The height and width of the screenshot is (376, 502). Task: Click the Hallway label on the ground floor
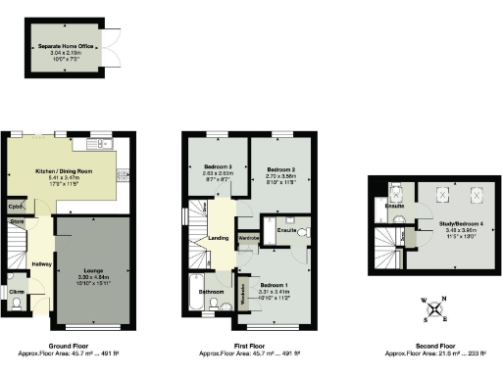point(40,263)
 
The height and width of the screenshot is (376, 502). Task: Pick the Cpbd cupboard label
point(16,208)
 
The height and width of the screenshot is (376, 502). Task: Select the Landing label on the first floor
point(219,238)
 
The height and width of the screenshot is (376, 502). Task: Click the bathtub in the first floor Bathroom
point(193,293)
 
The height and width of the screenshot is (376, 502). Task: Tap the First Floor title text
point(248,346)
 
